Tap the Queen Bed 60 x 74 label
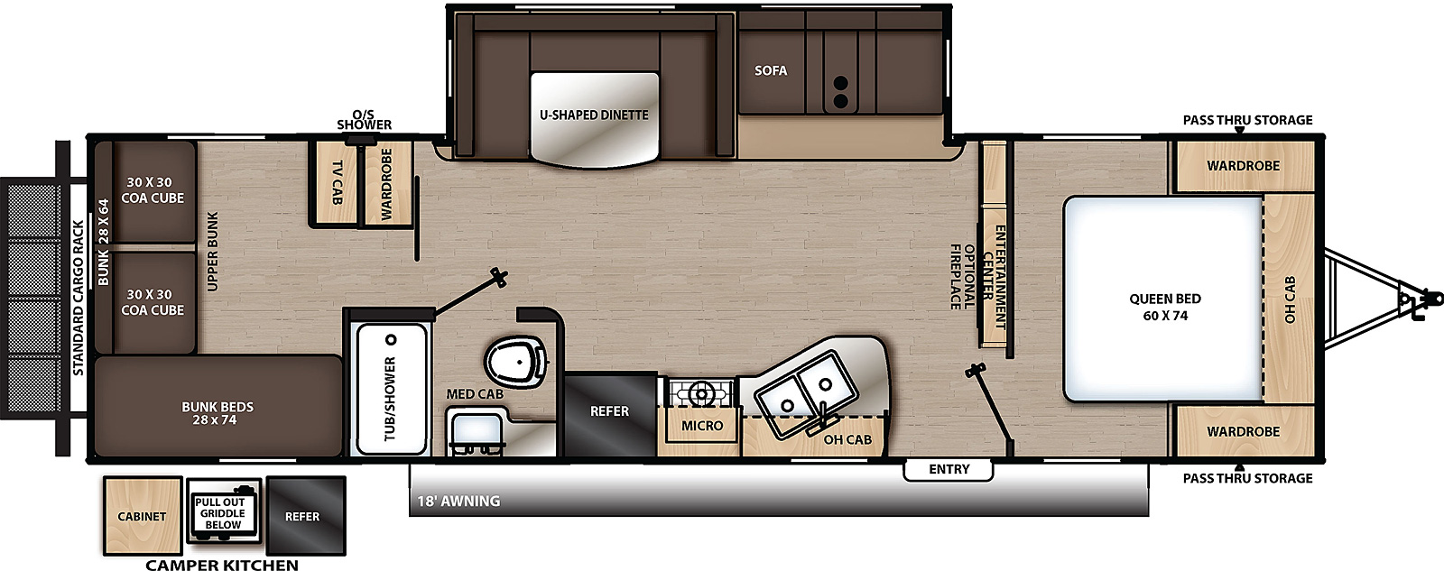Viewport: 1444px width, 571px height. (1164, 307)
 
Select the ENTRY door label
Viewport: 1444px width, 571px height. (949, 469)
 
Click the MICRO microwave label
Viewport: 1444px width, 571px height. (701, 425)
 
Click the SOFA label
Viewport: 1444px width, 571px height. (771, 70)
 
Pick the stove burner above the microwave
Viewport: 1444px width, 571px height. (700, 392)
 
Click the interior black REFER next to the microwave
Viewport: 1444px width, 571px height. (609, 411)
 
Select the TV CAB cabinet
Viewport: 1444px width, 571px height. (337, 183)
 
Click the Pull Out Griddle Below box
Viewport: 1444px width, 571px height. (223, 512)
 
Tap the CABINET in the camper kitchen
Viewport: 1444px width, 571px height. (142, 516)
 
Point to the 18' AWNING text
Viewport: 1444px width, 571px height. (458, 501)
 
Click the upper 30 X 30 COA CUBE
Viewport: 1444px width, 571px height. (153, 190)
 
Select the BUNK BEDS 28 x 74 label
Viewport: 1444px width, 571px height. (218, 413)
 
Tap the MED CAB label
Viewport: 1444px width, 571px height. (475, 394)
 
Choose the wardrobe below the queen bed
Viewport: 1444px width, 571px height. (1243, 431)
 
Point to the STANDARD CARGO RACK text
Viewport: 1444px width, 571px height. (79, 298)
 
